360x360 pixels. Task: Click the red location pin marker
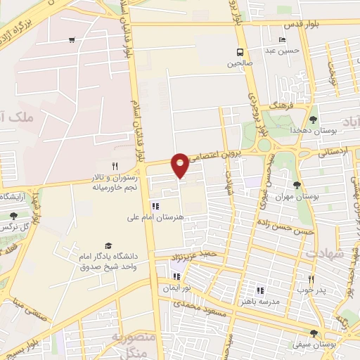[180, 165]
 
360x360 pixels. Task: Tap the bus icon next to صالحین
[240, 51]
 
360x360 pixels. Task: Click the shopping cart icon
[72, 39]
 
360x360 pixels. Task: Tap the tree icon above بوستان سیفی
[313, 333]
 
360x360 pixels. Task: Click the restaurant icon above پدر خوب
[310, 278]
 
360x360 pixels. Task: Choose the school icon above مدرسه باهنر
[260, 290]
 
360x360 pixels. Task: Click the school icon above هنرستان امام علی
[155, 206]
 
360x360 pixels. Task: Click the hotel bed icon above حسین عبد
[282, 39]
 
